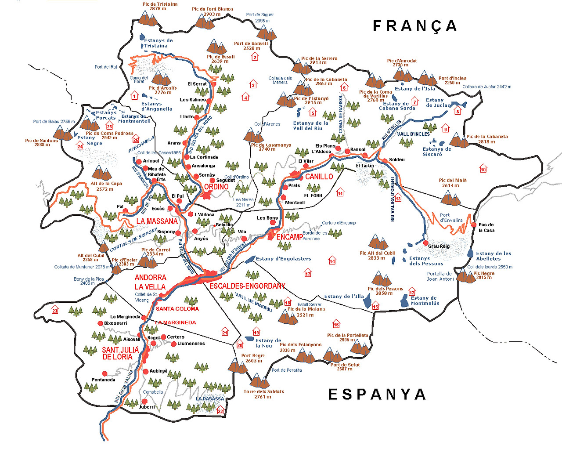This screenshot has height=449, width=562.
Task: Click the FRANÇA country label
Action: pos(414,26)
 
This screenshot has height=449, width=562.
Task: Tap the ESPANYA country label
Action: pos(377,395)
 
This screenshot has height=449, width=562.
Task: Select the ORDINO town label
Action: pos(216,187)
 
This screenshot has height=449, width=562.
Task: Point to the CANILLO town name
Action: pos(319,177)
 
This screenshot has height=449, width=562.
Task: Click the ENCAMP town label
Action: pos(289,237)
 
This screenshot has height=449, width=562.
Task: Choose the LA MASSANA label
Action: pos(157,221)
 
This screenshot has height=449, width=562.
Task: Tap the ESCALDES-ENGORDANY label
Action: pos(247,286)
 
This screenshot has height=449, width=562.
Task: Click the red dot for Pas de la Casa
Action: pos(474,225)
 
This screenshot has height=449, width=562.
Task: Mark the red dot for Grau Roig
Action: pos(425,243)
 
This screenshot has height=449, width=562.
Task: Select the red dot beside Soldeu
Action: pos(385,161)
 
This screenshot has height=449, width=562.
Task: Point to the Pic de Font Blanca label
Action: pos(212,11)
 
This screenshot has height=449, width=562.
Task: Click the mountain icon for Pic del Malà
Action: pos(450,198)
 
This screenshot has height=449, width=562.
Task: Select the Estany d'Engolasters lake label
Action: pos(283,259)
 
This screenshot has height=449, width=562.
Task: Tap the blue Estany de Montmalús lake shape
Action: pos(404,301)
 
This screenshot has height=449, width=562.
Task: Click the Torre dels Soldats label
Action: pos(263,394)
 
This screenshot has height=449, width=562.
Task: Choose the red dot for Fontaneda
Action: pos(104,374)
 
